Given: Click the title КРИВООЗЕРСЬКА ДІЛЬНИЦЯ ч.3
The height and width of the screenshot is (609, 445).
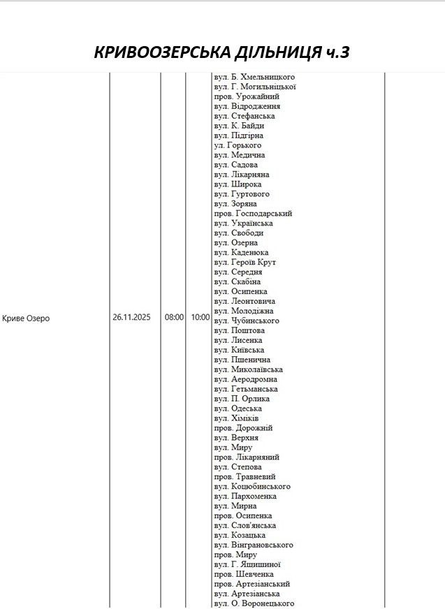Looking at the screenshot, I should click(221, 52).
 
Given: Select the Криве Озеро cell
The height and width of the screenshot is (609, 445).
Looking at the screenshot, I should click(26, 318).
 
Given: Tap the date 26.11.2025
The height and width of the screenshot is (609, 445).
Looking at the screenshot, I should click(131, 317).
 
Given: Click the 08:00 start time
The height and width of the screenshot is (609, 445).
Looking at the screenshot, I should click(174, 317).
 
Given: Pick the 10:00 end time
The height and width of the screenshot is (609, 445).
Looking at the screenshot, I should click(200, 317).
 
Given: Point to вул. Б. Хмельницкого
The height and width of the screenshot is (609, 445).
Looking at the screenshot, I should click(254, 77).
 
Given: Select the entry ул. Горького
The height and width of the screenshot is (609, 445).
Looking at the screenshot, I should click(238, 145).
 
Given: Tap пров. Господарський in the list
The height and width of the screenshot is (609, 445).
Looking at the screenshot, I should click(253, 214).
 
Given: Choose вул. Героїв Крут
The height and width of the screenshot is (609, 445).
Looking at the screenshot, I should click(245, 263).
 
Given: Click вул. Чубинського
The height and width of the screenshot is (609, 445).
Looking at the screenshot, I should click(247, 321).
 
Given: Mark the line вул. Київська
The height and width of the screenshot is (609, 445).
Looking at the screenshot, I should click(239, 350).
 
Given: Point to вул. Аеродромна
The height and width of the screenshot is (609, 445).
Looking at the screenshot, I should click(245, 379).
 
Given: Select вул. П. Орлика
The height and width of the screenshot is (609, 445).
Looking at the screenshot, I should click(242, 399).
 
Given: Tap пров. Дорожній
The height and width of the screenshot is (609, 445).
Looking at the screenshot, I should click(243, 428).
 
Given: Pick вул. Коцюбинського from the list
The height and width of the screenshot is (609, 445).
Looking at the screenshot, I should click(252, 486).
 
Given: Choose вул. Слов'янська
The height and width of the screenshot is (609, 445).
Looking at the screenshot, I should click(245, 525).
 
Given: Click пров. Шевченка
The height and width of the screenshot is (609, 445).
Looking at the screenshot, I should click(244, 574).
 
